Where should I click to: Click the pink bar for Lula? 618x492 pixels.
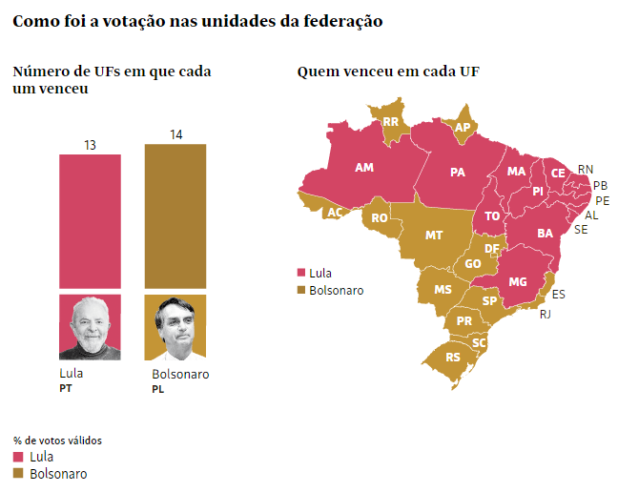tap(90, 219)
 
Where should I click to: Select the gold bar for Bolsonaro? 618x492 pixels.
tap(175, 215)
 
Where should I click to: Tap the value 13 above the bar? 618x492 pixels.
tap(90, 146)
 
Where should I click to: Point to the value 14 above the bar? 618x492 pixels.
tap(175, 135)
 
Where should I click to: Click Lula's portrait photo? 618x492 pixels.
tap(90, 326)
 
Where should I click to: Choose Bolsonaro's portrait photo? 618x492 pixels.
tap(175, 326)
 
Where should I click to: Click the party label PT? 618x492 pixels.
tap(66, 388)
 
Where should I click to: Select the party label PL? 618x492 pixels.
tap(158, 389)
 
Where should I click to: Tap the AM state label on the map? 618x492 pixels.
tap(364, 168)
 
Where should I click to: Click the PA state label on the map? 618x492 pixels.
tap(458, 173)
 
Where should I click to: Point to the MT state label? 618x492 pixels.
tap(434, 235)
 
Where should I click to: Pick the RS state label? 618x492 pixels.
tap(453, 358)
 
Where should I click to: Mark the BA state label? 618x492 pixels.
tap(546, 233)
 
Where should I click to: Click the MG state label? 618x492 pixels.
tap(518, 282)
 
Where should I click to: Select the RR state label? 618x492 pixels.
tap(391, 122)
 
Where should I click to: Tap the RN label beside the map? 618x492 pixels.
tap(586, 169)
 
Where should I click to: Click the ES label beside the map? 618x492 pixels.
tap(559, 294)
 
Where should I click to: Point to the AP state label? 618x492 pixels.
tap(463, 128)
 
